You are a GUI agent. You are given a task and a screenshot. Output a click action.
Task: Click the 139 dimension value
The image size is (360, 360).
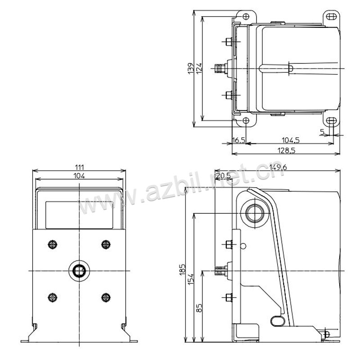pos(191,68)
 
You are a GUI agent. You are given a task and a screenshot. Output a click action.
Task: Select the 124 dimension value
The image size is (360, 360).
pos(199,68)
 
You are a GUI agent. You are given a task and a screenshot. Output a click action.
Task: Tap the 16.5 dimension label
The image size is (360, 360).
pos(239,140)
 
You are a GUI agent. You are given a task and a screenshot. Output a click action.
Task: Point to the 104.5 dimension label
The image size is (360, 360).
pos(290,140)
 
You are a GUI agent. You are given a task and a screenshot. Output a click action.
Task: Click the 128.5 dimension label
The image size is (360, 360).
pos(286,150)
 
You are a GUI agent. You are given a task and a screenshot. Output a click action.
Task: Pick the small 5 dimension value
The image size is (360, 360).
pos(322,132)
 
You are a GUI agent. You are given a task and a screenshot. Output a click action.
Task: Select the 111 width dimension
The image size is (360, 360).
pos(79,167)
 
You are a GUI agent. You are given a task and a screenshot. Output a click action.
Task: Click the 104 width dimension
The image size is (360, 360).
pos(79,176)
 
